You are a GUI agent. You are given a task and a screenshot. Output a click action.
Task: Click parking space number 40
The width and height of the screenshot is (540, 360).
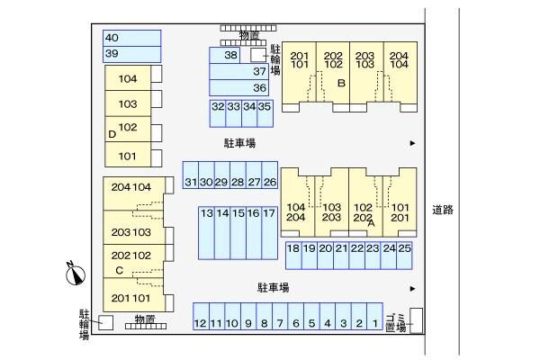131,38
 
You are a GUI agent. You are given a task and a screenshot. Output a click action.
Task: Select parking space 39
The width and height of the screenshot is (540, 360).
131,55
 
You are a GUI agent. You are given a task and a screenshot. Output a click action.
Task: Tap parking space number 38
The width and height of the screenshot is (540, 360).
229,56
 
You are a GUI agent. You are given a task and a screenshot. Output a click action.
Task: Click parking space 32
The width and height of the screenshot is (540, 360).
218,112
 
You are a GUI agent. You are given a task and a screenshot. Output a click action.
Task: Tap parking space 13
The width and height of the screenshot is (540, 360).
207,233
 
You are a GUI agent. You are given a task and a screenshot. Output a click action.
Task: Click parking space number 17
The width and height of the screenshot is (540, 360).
269,233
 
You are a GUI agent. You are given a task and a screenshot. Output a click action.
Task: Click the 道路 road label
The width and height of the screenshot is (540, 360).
443,210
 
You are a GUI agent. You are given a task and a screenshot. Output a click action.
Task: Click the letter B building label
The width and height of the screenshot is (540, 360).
341,84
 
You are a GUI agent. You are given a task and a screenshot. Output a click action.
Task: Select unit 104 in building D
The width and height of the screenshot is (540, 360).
128,79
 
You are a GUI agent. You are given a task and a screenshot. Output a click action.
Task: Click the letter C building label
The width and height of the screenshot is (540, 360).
119,269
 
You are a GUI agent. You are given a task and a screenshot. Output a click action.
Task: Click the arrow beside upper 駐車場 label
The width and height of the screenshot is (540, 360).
412,143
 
